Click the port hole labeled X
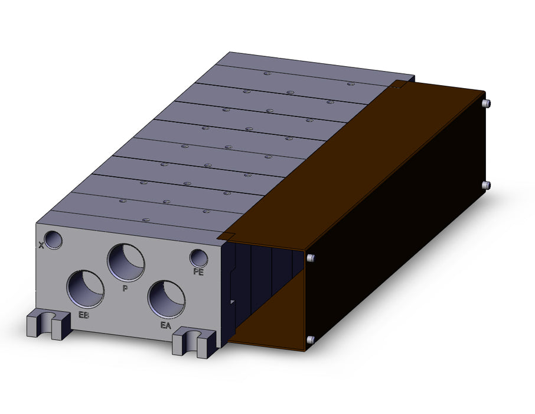pyautogui.click(x=54, y=240)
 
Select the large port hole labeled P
pyautogui.click(x=126, y=263)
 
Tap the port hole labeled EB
pyautogui.click(x=85, y=289)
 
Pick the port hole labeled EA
pyautogui.click(x=167, y=299)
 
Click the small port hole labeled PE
pyautogui.click(x=199, y=258)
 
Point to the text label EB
pyautogui.click(x=84, y=315)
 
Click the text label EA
pyautogui.click(x=165, y=325)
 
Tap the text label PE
pyautogui.click(x=198, y=272)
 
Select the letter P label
pyautogui.click(x=125, y=289)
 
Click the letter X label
pyautogui.click(x=41, y=245)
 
